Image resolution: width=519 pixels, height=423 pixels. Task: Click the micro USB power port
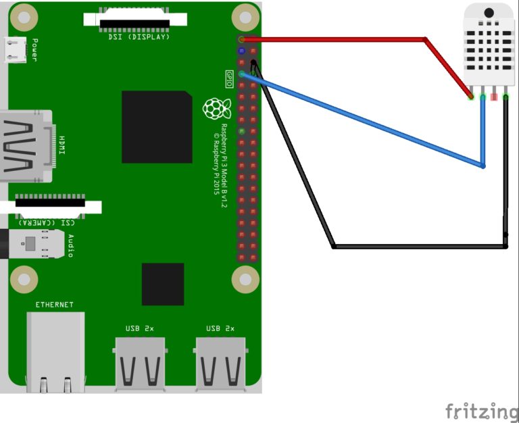[x=16, y=49]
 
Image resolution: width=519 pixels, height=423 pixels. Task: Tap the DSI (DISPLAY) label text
[x=139, y=36]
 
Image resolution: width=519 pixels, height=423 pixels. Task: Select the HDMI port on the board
[x=26, y=146]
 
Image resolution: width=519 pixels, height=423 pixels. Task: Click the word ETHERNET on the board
[x=54, y=305]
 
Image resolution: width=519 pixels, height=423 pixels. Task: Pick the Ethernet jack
[x=55, y=352]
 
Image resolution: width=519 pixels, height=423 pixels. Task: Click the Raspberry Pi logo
[x=217, y=108]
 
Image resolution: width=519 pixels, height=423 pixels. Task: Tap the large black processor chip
[x=157, y=127]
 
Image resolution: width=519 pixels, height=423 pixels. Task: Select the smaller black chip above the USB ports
[x=163, y=284]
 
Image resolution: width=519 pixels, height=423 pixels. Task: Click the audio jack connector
[x=32, y=244]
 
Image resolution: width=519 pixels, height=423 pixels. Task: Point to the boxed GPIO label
[x=229, y=79]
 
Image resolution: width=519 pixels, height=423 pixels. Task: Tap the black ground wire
[x=334, y=246]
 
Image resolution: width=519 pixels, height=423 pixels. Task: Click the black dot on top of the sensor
[x=489, y=13]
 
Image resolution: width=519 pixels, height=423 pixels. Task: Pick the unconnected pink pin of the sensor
[x=494, y=97]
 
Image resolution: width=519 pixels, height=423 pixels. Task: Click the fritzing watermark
[x=482, y=412]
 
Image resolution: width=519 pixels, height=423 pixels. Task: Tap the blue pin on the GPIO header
[x=242, y=51]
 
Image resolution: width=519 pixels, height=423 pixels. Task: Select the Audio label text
[x=71, y=245]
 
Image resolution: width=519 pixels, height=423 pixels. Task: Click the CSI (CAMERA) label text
[x=47, y=223]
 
